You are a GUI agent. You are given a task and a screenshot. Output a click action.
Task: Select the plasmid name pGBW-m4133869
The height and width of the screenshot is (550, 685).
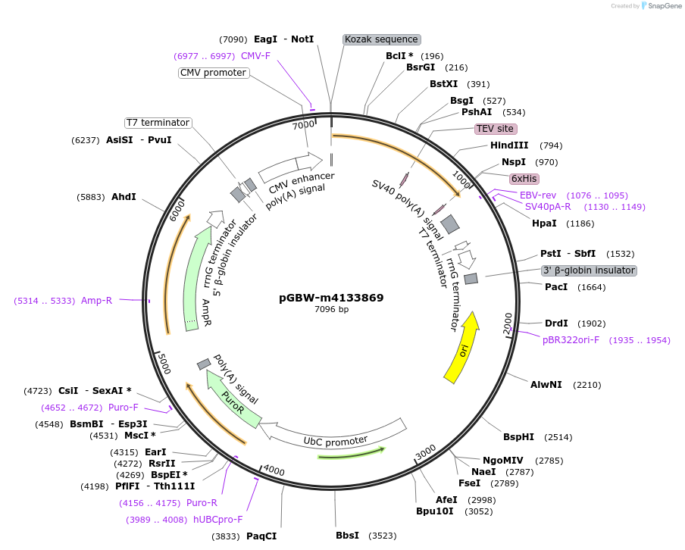331,298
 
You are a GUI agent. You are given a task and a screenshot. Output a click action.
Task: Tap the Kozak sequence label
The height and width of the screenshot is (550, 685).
381,39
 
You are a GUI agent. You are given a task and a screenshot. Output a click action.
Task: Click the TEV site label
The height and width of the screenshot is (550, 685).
496,129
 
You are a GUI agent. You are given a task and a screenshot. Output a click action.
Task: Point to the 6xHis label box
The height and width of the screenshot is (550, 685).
524,179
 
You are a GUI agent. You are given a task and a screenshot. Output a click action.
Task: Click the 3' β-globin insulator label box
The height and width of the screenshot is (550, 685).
588,270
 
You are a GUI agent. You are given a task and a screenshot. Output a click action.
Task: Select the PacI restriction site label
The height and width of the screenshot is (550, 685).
556,287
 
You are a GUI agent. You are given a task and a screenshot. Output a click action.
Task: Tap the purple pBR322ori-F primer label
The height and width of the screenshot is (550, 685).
571,340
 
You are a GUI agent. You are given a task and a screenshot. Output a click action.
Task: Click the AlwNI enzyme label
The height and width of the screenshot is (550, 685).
546,385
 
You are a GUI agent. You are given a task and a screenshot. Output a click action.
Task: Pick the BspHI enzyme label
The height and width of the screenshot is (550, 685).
518,437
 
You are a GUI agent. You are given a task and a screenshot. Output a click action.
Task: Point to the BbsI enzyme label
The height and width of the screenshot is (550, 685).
347,536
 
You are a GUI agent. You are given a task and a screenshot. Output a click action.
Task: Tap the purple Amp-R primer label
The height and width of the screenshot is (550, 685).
96,301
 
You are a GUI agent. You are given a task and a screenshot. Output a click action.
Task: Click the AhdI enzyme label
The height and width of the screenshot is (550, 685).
124,197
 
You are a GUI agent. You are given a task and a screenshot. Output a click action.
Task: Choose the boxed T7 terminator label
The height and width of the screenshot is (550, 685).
158,123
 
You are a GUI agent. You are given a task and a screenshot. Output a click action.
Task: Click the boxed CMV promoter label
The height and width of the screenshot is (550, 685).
213,73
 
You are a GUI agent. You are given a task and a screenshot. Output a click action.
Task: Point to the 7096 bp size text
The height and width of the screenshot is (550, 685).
331,309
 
